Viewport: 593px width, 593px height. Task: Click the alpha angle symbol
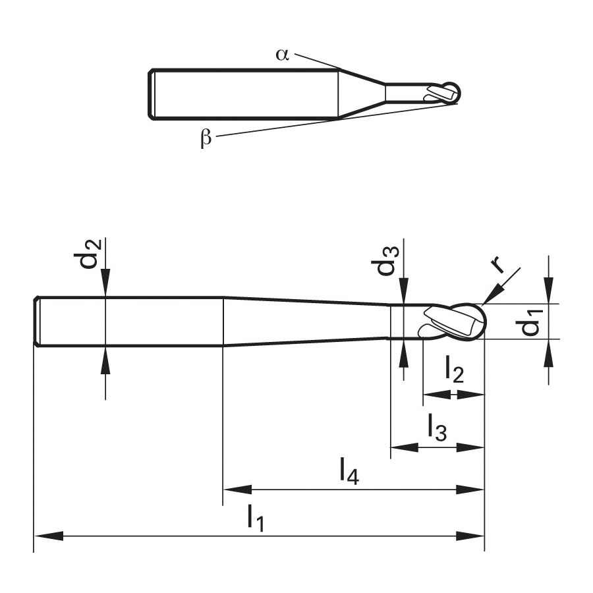pos(282,55)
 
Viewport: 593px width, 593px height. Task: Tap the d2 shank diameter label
pos(88,254)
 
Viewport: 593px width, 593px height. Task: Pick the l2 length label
pos(454,370)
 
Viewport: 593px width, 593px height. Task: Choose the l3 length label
pos(438,427)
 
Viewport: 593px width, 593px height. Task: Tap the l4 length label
pos(349,471)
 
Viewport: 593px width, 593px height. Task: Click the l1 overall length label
pos(256,518)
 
